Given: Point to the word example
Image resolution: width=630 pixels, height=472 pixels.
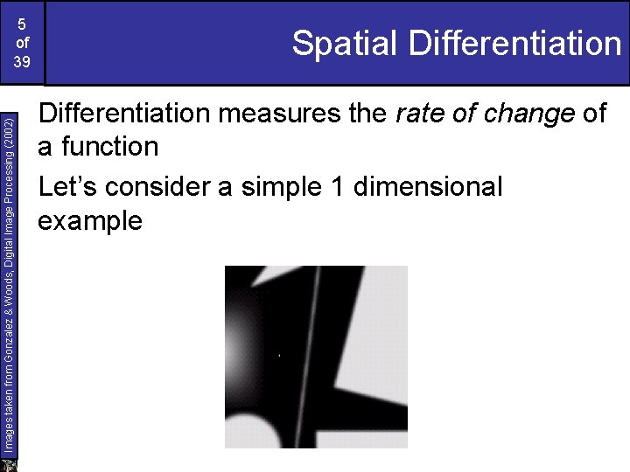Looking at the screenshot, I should (x=90, y=220).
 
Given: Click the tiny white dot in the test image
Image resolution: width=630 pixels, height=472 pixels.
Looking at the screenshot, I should (x=278, y=357).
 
